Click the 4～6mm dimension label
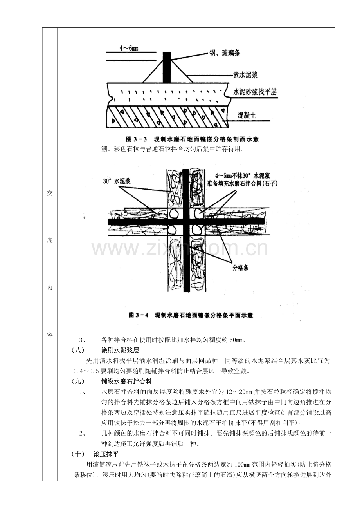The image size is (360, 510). pyautogui.click(x=129, y=48)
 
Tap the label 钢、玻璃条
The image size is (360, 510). pyautogui.click(x=225, y=53)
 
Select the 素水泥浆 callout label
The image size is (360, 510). pyautogui.click(x=245, y=75)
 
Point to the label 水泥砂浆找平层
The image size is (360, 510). pyautogui.click(x=255, y=92)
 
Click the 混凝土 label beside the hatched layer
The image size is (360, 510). pyautogui.click(x=247, y=116)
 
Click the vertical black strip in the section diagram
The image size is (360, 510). pyautogui.click(x=167, y=67)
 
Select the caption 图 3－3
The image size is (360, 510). pyautogui.click(x=137, y=139)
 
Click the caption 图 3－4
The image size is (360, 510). pyautogui.click(x=139, y=315)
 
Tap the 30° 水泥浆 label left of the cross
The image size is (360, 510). pyautogui.click(x=117, y=181)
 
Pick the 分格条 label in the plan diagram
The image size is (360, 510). pyautogui.click(x=240, y=268)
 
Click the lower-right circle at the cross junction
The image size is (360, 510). pyautogui.click(x=197, y=230)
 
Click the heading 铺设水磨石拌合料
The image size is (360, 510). pyautogui.click(x=126, y=382)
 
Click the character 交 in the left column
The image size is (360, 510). pyautogui.click(x=50, y=194)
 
